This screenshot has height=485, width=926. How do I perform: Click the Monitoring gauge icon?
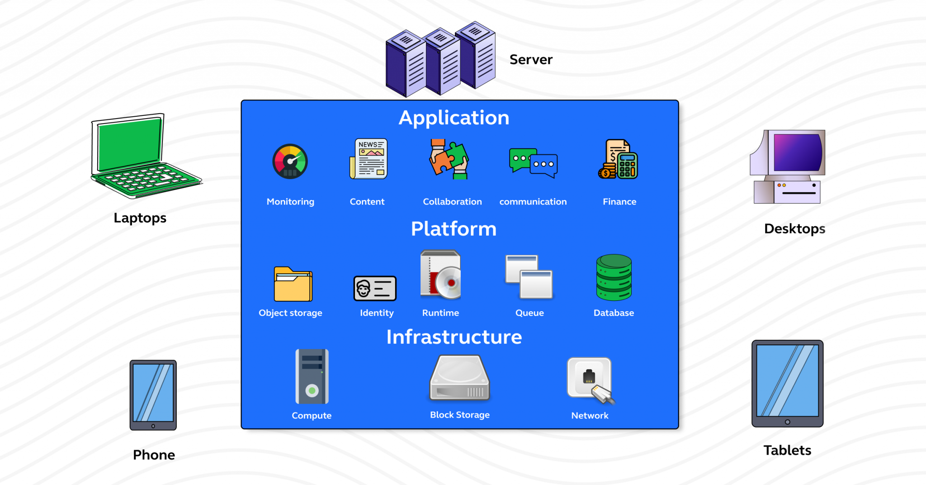pos(290,162)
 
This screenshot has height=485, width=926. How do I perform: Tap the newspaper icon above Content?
pos(369,159)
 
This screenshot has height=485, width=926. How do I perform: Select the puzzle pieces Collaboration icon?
pos(449,159)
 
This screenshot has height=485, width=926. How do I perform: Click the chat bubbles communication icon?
pos(534,162)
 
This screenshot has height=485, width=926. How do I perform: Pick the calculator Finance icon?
pos(619,160)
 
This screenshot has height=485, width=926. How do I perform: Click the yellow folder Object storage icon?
pos(293,285)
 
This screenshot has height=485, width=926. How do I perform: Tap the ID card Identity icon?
pos(375,288)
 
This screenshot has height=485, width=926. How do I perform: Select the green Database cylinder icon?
pos(614,277)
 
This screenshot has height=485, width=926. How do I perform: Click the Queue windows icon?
pos(529,277)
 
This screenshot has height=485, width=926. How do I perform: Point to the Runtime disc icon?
pos(441,276)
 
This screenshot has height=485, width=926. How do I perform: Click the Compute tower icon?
pos(312,376)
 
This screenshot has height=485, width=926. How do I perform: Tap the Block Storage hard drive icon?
pos(459,378)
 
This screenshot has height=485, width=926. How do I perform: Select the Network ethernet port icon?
pos(590,379)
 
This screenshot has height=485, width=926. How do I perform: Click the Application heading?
pos(454,118)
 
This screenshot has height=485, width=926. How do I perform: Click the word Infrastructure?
pos(454,337)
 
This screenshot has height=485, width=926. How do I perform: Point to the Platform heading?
pos(454,229)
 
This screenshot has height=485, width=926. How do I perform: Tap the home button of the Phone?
pos(153,426)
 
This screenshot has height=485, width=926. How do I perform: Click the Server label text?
pos(531,60)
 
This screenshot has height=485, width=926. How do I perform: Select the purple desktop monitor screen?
pos(797,152)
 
